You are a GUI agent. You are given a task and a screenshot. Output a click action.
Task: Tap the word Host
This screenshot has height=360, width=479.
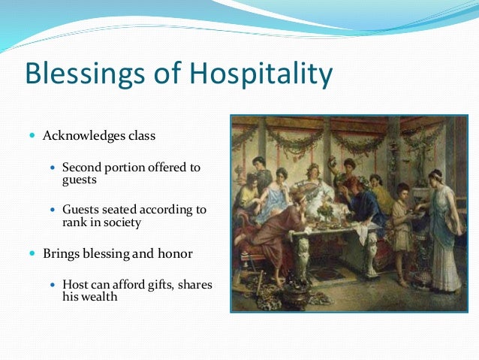76,284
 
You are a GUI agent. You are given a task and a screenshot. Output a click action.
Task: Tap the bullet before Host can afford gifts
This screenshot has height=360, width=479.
53,285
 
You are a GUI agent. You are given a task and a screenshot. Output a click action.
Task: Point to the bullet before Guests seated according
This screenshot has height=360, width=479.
53,209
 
